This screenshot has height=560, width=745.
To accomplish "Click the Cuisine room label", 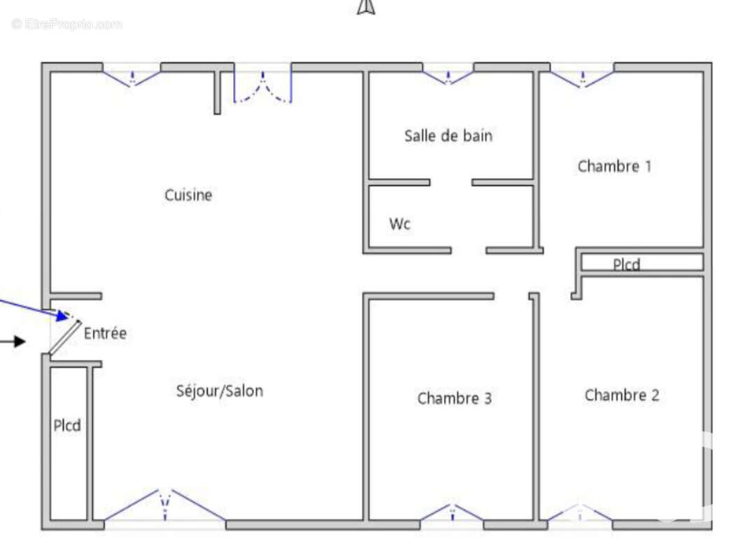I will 188,195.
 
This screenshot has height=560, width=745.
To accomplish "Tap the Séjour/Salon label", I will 220,391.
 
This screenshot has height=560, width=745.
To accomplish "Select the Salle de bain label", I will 448,136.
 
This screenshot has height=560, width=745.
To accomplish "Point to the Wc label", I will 399,224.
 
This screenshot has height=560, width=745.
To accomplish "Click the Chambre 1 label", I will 614,167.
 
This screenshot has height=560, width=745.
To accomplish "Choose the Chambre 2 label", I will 621,395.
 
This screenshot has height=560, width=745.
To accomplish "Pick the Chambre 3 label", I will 454,398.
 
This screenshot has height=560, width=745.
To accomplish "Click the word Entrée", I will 106,333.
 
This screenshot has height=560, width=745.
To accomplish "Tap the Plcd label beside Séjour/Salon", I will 68,425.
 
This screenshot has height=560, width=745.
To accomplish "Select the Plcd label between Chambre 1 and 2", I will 626,265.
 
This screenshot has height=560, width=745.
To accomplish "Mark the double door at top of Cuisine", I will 262,87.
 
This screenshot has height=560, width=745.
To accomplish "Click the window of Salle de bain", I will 448,75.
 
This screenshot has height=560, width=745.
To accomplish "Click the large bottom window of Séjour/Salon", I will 164,505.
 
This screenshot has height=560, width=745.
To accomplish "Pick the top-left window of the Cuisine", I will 132,76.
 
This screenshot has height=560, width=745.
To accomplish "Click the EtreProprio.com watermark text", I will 66,24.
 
